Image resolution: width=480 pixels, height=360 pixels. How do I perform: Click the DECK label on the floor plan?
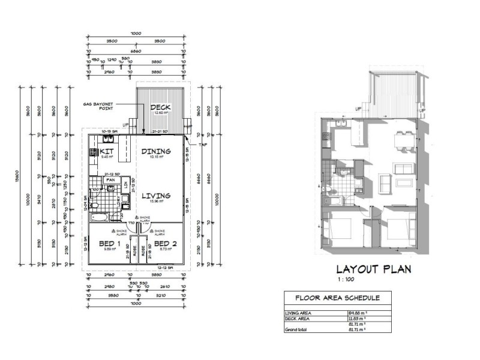[160, 107]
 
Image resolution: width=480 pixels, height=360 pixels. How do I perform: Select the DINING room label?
[156, 152]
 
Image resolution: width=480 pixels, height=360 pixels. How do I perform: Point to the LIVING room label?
[155, 196]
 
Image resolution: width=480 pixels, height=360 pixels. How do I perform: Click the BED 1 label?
[110, 244]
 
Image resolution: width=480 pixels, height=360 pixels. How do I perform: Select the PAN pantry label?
[110, 179]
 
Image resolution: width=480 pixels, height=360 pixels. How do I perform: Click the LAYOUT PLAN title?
[373, 269]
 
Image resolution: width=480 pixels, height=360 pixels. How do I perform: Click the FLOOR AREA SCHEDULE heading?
[337, 298]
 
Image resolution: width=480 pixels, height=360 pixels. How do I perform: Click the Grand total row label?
[296, 329]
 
